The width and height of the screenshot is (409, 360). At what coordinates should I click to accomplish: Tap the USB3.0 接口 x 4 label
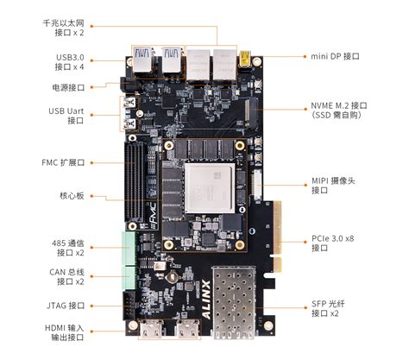pyautogui.click(x=67, y=61)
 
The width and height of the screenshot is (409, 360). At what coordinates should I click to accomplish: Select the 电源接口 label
pyautogui.click(x=67, y=88)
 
